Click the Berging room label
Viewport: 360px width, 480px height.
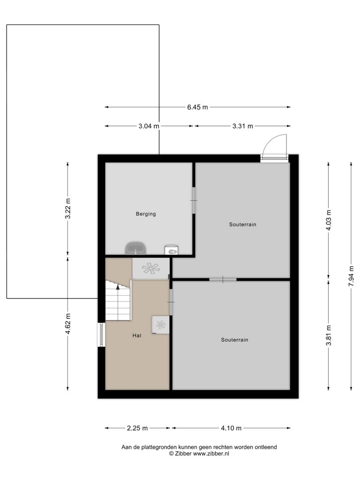pyautogui.click(x=146, y=214)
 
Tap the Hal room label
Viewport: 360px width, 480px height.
pyautogui.click(x=136, y=336)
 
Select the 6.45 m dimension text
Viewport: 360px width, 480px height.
pyautogui.click(x=197, y=107)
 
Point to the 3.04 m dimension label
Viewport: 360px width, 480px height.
pyautogui.click(x=149, y=126)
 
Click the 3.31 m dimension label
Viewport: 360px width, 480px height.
pyautogui.click(x=242, y=126)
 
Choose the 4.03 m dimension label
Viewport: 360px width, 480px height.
pyautogui.click(x=329, y=221)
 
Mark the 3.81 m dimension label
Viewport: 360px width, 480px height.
pyautogui.click(x=329, y=335)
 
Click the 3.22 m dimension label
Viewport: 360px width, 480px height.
pyautogui.click(x=67, y=209)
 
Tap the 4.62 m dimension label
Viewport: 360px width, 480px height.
pyautogui.click(x=67, y=323)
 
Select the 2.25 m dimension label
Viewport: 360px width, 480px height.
pyautogui.click(x=137, y=428)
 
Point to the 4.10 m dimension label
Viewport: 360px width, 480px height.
pyautogui.click(x=231, y=428)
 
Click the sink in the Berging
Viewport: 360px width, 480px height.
pyautogui.click(x=135, y=248)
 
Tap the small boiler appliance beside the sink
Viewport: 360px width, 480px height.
pyautogui.click(x=172, y=250)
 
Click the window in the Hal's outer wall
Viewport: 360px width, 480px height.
pyautogui.click(x=101, y=335)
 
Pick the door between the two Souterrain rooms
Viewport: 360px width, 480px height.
pyautogui.click(x=223, y=279)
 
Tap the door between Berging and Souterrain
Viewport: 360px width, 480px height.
pyautogui.click(x=194, y=200)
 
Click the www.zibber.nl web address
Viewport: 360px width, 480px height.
pyautogui.click(x=211, y=454)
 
